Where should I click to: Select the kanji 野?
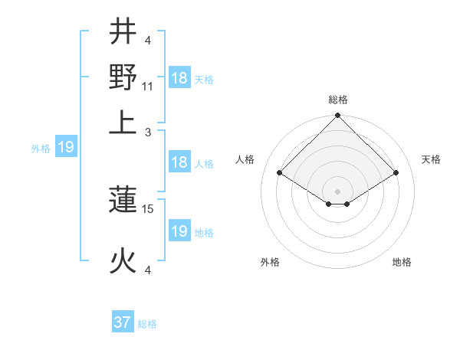pyautogui.click(x=123, y=77)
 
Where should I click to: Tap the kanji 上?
pyautogui.click(x=123, y=122)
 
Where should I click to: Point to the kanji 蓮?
pyautogui.click(x=123, y=201)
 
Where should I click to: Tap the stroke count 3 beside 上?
pyautogui.click(x=149, y=132)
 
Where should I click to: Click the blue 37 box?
pyautogui.click(x=123, y=322)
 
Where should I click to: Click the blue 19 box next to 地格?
pyautogui.click(x=179, y=231)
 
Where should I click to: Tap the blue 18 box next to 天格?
pyautogui.click(x=179, y=78)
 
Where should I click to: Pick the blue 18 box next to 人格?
pyautogui.click(x=179, y=162)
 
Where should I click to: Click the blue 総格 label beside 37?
pyautogui.click(x=147, y=324)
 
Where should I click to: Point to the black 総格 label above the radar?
pyautogui.click(x=337, y=100)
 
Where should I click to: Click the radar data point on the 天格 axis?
pyautogui.click(x=396, y=173)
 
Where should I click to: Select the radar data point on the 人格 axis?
pyautogui.click(x=279, y=173)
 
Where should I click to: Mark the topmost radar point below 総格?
pyautogui.click(x=337, y=116)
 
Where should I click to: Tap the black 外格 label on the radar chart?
pyautogui.click(x=270, y=262)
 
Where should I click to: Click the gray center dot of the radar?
pyautogui.click(x=337, y=191)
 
